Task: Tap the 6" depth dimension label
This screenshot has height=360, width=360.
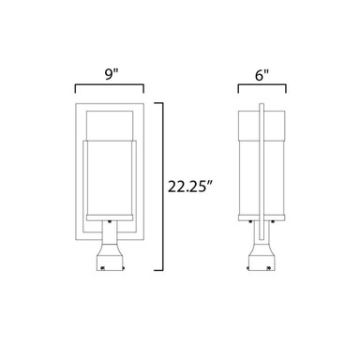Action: click(x=262, y=75)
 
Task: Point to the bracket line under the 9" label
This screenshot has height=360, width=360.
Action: click(x=109, y=84)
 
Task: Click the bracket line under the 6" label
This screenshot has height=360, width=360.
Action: click(x=262, y=84)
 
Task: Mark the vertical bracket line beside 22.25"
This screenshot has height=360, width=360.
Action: click(x=162, y=187)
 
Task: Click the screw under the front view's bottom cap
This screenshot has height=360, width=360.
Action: click(x=110, y=222)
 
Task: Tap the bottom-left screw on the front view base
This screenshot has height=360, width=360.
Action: click(x=102, y=267)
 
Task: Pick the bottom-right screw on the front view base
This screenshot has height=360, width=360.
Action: click(x=124, y=267)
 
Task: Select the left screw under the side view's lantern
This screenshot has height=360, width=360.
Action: click(x=250, y=222)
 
